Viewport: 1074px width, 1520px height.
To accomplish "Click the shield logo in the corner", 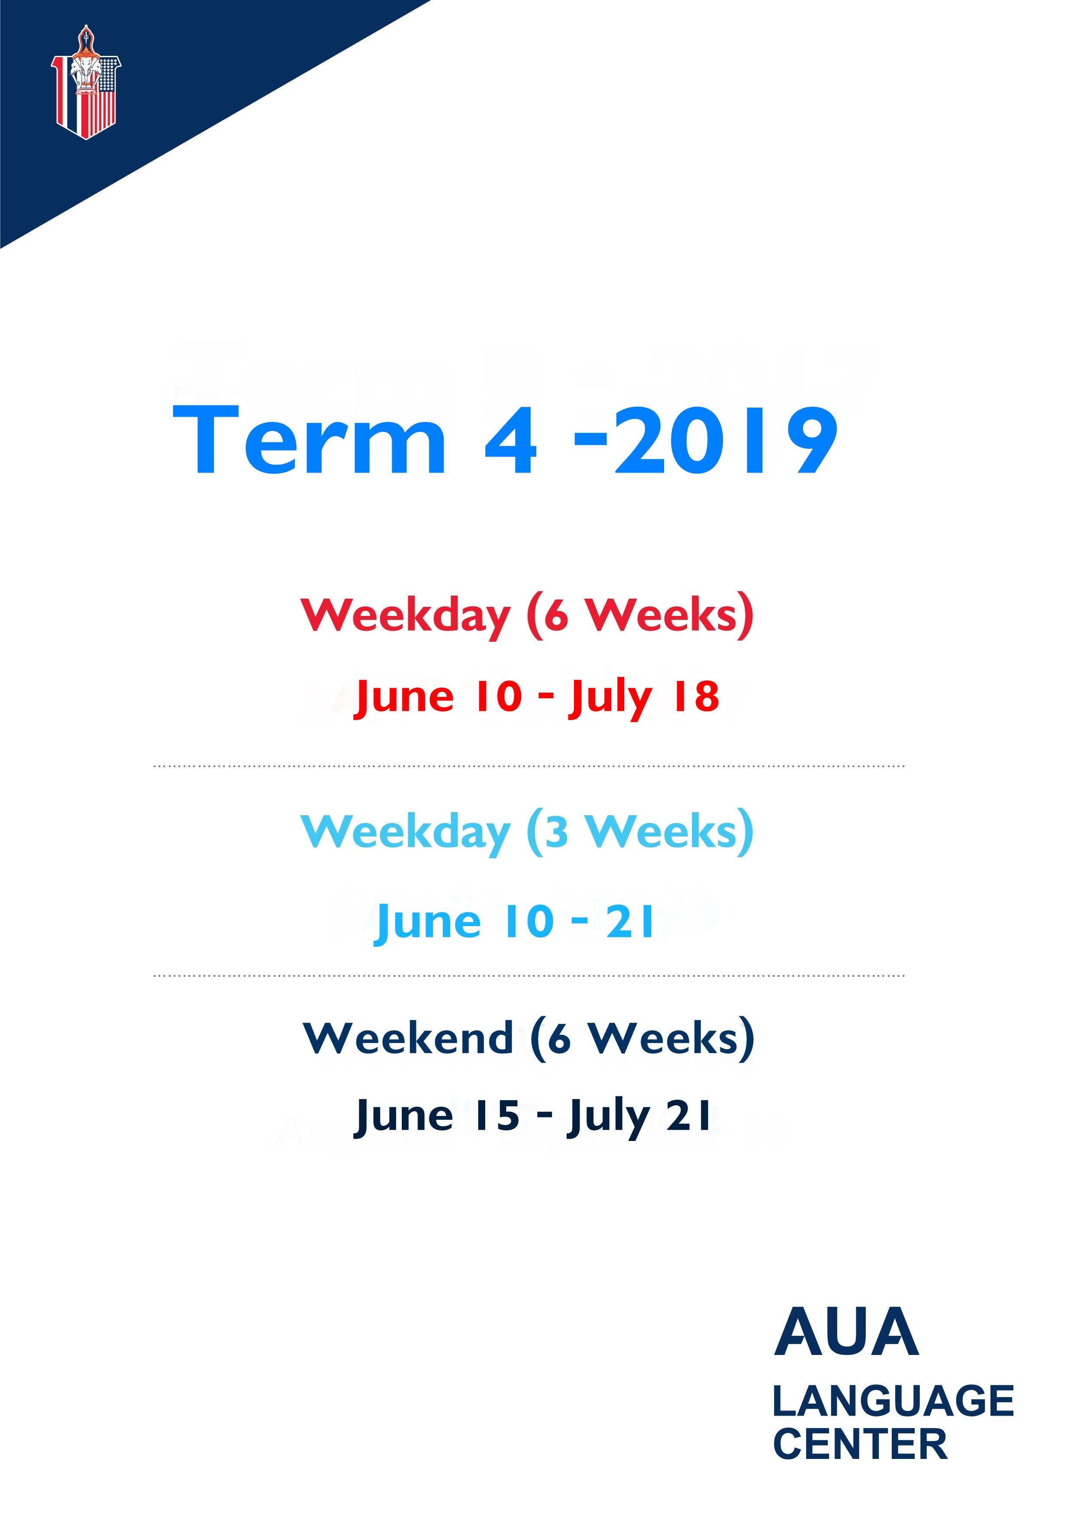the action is (86, 82).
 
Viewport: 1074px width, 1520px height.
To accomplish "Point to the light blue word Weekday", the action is (406, 833).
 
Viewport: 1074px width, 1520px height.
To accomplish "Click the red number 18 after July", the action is (696, 697).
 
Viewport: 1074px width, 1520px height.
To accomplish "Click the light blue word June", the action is (428, 924).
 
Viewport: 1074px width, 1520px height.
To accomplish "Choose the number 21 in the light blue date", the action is (629, 921).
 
